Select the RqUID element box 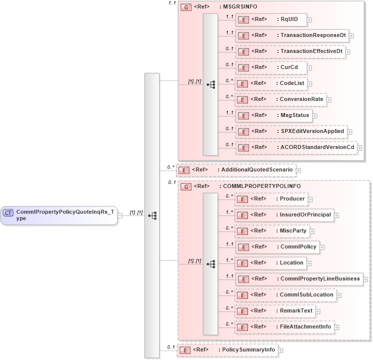coord(270,19)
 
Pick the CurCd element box coord(270,67)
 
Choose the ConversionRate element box coord(280,99)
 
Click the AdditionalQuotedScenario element coord(235,170)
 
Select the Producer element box coord(270,199)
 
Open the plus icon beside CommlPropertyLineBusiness coord(366,279)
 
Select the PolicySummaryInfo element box coord(227,350)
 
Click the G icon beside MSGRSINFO coord(186,7)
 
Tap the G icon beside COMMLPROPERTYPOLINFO coord(186,186)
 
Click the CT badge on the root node coord(8,212)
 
